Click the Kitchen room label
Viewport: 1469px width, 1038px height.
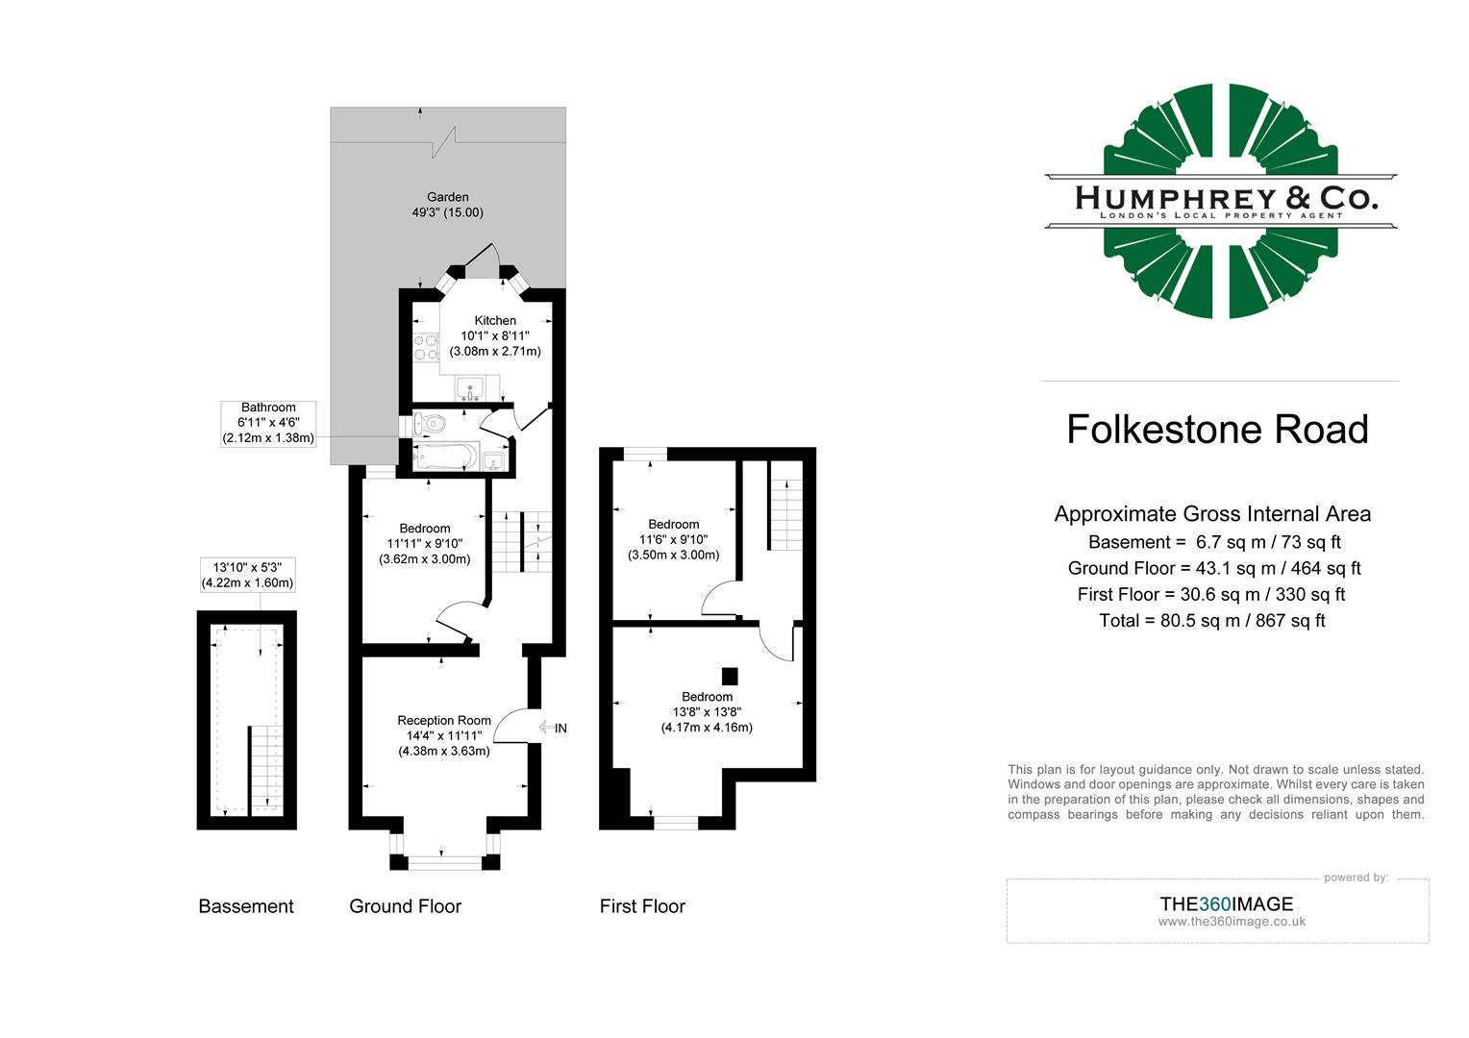495,321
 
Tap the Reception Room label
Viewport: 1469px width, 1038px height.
444,721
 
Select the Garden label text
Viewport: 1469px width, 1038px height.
448,198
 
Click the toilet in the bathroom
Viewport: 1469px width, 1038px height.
429,422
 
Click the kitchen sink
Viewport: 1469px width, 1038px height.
470,387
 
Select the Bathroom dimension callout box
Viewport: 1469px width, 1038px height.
268,423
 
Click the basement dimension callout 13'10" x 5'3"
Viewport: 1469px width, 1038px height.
247,575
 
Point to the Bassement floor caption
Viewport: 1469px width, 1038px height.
246,906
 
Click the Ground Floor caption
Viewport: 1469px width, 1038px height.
405,906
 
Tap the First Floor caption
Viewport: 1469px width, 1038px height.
642,906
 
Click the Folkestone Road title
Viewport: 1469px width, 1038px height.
1217,429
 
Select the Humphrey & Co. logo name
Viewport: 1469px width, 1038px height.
1221,199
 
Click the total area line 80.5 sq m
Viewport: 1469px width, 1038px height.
1211,621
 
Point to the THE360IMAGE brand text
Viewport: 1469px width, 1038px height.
1226,903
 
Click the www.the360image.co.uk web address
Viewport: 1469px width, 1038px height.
1232,922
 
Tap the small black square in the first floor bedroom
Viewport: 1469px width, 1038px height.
729,676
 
